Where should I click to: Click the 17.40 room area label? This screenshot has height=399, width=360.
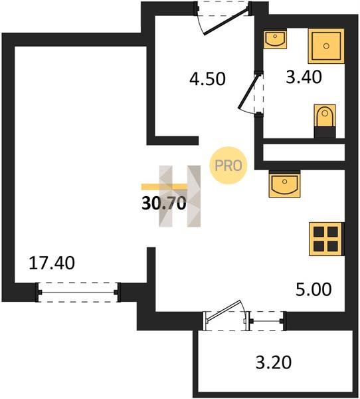[x=52, y=263]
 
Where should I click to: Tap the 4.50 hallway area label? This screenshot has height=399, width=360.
[x=207, y=78]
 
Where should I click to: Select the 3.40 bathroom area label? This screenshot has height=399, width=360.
[x=304, y=77]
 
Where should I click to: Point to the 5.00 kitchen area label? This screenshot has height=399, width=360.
[x=314, y=289]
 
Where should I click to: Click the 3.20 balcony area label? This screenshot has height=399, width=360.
[x=273, y=362]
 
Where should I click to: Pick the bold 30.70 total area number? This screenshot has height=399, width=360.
[x=164, y=204]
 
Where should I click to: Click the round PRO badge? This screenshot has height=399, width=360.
[x=228, y=166]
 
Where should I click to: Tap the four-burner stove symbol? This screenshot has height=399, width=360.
[x=325, y=239]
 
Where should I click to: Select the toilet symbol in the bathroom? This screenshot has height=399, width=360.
[x=325, y=116]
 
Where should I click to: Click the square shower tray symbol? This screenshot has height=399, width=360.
[x=326, y=46]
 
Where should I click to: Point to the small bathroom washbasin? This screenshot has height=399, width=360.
[x=275, y=39]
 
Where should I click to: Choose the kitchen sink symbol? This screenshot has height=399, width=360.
[x=284, y=184]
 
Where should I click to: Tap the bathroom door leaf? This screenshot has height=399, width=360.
[x=248, y=91]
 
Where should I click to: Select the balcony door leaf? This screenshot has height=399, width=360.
[x=224, y=310]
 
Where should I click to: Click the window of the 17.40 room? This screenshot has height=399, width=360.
[x=78, y=292]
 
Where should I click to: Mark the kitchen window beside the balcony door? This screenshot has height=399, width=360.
[x=267, y=321]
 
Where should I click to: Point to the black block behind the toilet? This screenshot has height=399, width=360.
[x=325, y=132]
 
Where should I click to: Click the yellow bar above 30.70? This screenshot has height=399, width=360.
[x=164, y=187]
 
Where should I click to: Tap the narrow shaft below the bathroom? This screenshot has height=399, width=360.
[x=304, y=152]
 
